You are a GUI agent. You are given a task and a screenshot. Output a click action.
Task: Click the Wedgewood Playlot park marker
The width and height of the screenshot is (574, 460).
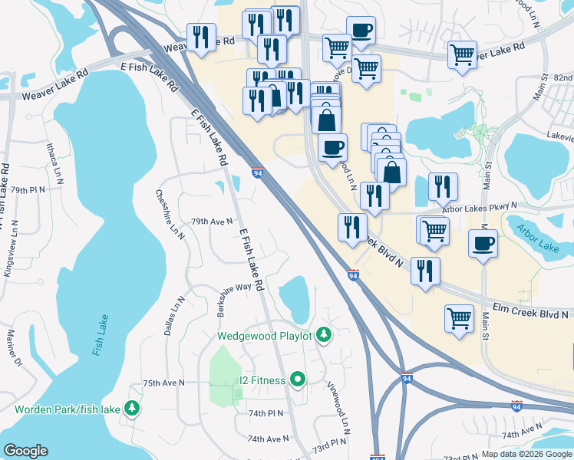pyautogui.click(x=324, y=335)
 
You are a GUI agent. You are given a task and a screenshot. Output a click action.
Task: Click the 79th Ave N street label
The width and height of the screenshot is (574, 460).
pyautogui.click(x=211, y=222)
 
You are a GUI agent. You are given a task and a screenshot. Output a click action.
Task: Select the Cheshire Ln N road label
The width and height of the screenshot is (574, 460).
pyautogui.click(x=170, y=213)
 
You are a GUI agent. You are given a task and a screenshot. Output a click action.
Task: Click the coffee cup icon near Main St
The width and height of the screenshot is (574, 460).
pyautogui.click(x=483, y=244)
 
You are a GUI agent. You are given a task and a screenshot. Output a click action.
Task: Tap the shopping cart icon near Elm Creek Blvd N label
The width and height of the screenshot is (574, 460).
pyautogui.click(x=459, y=317)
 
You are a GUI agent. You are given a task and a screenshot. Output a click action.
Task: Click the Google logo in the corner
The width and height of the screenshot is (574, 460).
pyautogui.click(x=25, y=451)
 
